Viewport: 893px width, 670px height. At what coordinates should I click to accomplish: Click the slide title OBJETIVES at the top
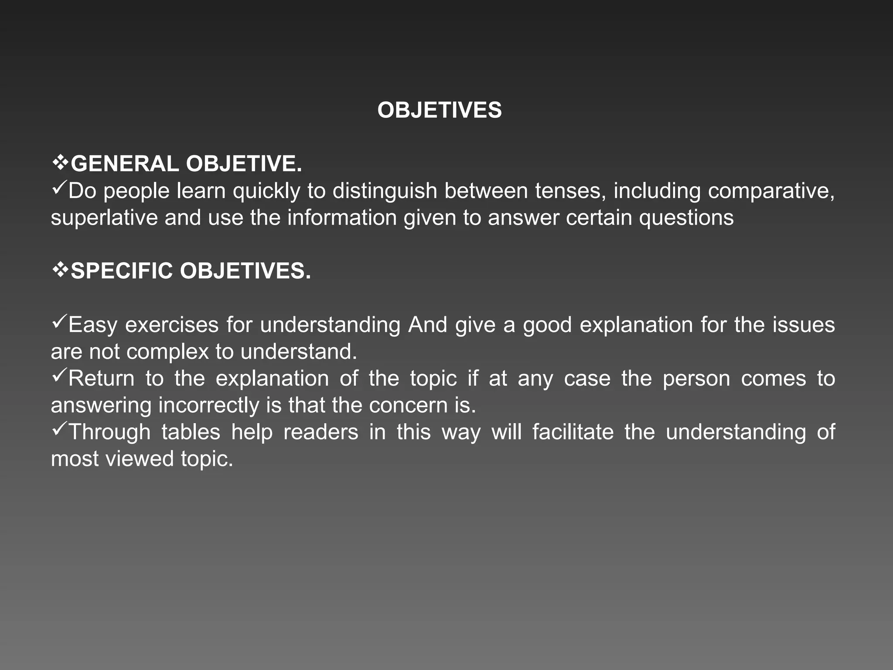[x=440, y=110]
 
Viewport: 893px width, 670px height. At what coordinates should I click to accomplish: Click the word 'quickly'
[x=266, y=191]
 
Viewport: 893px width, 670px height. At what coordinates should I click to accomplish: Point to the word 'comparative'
[x=770, y=191]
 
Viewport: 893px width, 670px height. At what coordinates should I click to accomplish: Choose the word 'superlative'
[x=104, y=218]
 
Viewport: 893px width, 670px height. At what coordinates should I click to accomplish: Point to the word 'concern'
[x=408, y=406]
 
